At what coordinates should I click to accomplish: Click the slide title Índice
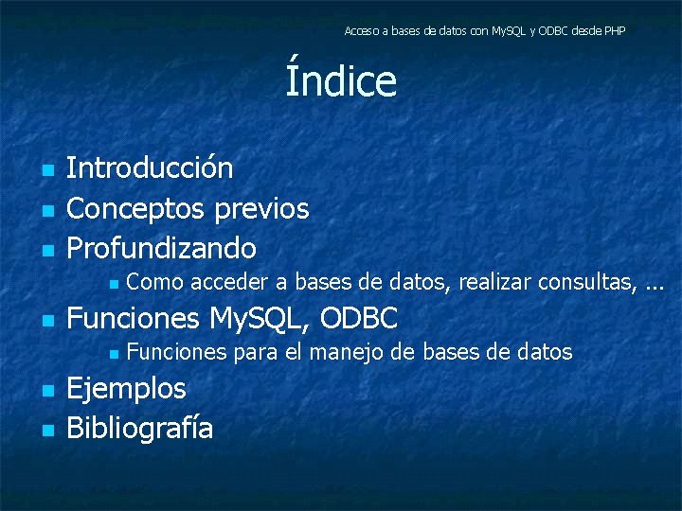(x=341, y=80)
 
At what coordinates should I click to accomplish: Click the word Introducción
(x=150, y=168)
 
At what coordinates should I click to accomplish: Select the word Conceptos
(x=137, y=208)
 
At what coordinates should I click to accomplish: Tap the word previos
(x=262, y=208)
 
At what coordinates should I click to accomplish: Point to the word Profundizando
(x=161, y=249)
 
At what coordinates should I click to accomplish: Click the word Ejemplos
(x=126, y=388)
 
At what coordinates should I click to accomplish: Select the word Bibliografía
(x=139, y=429)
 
